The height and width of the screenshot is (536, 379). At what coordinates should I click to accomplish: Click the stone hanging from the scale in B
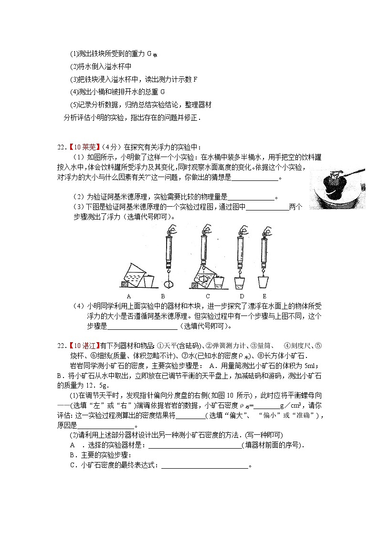click(x=168, y=284)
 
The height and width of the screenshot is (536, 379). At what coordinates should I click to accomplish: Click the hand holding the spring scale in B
click(x=171, y=230)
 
